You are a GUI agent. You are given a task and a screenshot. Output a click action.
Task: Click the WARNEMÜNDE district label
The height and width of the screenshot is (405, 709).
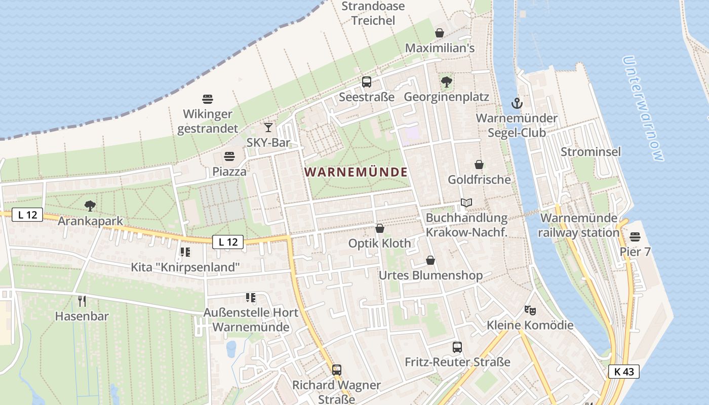pos(356,172)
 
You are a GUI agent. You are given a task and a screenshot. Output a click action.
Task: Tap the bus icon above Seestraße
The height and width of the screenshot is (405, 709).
pos(367,82)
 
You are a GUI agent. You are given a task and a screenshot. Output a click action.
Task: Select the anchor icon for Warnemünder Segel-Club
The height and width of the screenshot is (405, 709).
pos(516,104)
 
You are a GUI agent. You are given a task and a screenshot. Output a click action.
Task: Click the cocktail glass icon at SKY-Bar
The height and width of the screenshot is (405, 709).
pos(268,128)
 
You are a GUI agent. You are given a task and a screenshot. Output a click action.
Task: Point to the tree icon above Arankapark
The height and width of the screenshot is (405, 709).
pos(90,206)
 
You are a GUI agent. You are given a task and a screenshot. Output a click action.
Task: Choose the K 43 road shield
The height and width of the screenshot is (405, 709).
pos(623,372)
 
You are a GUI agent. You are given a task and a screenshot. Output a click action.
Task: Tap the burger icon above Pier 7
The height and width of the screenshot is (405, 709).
pos(635,237)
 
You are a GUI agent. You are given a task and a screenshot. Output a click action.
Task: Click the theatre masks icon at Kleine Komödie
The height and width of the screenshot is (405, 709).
pos(530,310)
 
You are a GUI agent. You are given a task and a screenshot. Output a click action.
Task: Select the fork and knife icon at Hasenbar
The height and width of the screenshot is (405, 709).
pos(82,301)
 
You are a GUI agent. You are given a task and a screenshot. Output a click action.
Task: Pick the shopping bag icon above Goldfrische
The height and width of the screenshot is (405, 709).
pos(479,165)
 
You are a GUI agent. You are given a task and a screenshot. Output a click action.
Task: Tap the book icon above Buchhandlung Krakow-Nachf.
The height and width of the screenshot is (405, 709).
pos(466,203)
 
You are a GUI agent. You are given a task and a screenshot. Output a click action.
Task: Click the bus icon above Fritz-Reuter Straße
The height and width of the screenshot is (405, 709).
pos(457,347)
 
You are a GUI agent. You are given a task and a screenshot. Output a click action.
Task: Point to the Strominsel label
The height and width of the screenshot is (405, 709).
pos(590,152)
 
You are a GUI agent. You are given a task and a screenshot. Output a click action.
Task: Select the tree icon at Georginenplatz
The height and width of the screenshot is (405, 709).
pos(446,82)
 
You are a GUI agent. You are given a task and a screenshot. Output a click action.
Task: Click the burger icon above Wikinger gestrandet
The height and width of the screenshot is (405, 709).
pos(208,99)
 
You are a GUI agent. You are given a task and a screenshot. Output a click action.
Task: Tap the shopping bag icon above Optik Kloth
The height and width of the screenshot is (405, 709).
pos(380,228)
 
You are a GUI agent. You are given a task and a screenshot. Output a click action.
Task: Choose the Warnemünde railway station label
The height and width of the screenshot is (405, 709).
pos(579,225)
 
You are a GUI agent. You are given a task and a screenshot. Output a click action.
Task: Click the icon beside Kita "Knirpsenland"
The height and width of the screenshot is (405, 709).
pos(185,252)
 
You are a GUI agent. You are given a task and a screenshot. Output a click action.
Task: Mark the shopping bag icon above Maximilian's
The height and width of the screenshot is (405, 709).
pos(440,33)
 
